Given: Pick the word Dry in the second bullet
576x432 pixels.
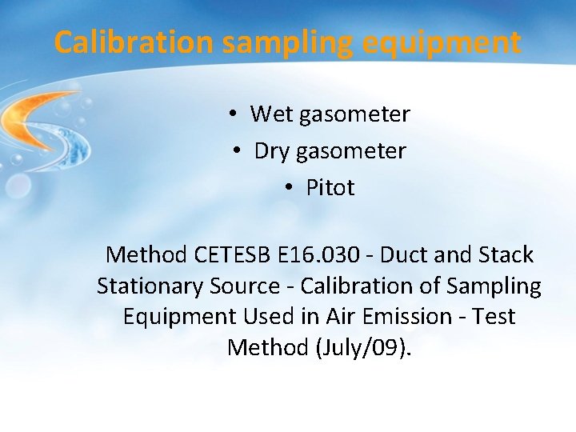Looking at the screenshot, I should click(272, 151).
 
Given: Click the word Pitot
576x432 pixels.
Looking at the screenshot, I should click(330, 188).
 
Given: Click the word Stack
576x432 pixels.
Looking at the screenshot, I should click(505, 255).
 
